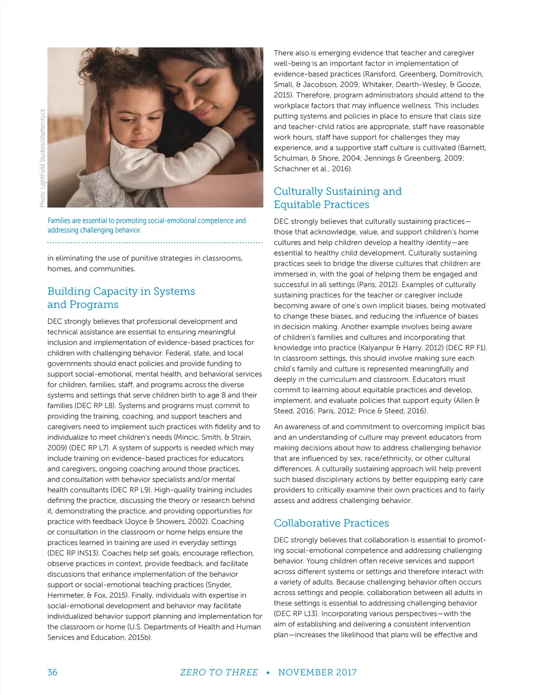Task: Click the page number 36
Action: pyautogui.click(x=52, y=672)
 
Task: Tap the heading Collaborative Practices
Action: pyautogui.click(x=331, y=523)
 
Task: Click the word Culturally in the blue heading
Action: pyautogui.click(x=298, y=192)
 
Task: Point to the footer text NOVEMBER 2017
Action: pyautogui.click(x=317, y=672)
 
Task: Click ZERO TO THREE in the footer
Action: pyautogui.click(x=219, y=672)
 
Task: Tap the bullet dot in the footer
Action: pyautogui.click(x=268, y=673)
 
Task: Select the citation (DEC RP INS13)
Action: pyautogui.click(x=74, y=553)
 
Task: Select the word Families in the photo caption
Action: pyautogui.click(x=58, y=221)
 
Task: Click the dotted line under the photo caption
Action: pyautogui.click(x=155, y=243)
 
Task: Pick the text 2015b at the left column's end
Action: pyautogui.click(x=139, y=637)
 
